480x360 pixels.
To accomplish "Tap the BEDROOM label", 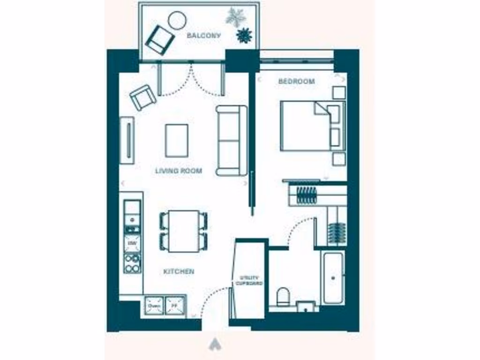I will coord(296,82).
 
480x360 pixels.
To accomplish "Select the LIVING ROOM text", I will coord(179,171).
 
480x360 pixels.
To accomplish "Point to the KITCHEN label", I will coord(179,271).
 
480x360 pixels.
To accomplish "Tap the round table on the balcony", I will coord(177,20).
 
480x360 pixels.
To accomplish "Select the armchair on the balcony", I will coord(160,39).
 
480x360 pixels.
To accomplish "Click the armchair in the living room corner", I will coord(143,97).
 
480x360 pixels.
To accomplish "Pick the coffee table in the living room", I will coord(177,141).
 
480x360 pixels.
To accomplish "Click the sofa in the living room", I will coord(232,141).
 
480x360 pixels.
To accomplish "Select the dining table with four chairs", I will coord(183,231).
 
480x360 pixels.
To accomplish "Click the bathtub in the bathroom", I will coord(333,277).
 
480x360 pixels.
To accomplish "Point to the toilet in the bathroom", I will coord(283,296).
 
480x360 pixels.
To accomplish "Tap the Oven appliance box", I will coord(154,306).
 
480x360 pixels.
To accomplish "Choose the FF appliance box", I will coord(175,306).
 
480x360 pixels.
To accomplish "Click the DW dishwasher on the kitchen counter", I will coord(132,244).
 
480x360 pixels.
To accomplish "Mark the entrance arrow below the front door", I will coord(216,345).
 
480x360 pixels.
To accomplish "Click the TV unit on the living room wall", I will coord(127,141).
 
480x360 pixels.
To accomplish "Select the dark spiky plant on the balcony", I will coord(244,35).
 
